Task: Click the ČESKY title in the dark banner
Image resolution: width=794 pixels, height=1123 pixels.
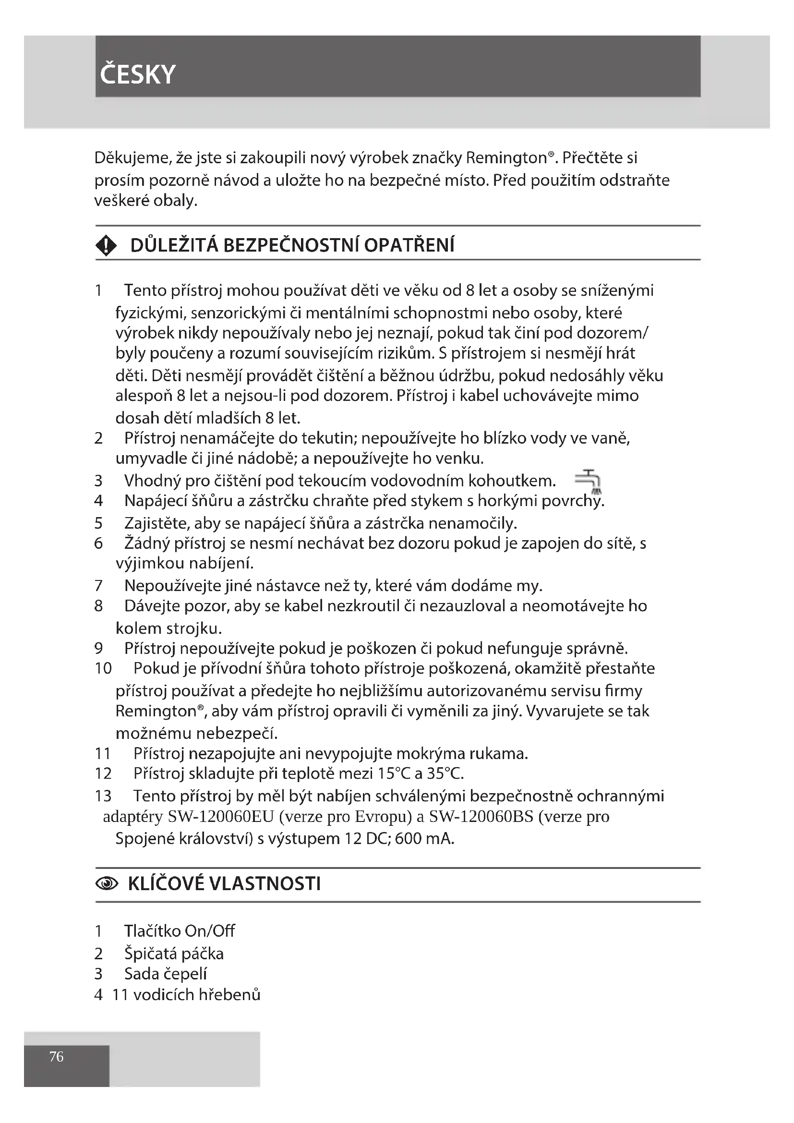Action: point(137,74)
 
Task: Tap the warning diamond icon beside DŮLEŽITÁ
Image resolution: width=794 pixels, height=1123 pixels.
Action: point(106,245)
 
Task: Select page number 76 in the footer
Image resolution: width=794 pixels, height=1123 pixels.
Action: point(56,1056)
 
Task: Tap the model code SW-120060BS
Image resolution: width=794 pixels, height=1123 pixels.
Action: point(481,817)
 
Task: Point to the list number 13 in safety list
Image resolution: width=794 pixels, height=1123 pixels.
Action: point(103,796)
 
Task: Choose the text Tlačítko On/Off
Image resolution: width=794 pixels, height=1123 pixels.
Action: point(180,930)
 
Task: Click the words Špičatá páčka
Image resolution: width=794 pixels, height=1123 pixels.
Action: point(174,954)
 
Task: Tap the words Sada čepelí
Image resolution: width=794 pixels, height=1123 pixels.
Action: point(165,974)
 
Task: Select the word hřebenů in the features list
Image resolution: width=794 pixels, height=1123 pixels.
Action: point(230,994)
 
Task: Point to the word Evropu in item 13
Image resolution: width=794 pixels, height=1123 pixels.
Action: point(383,817)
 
